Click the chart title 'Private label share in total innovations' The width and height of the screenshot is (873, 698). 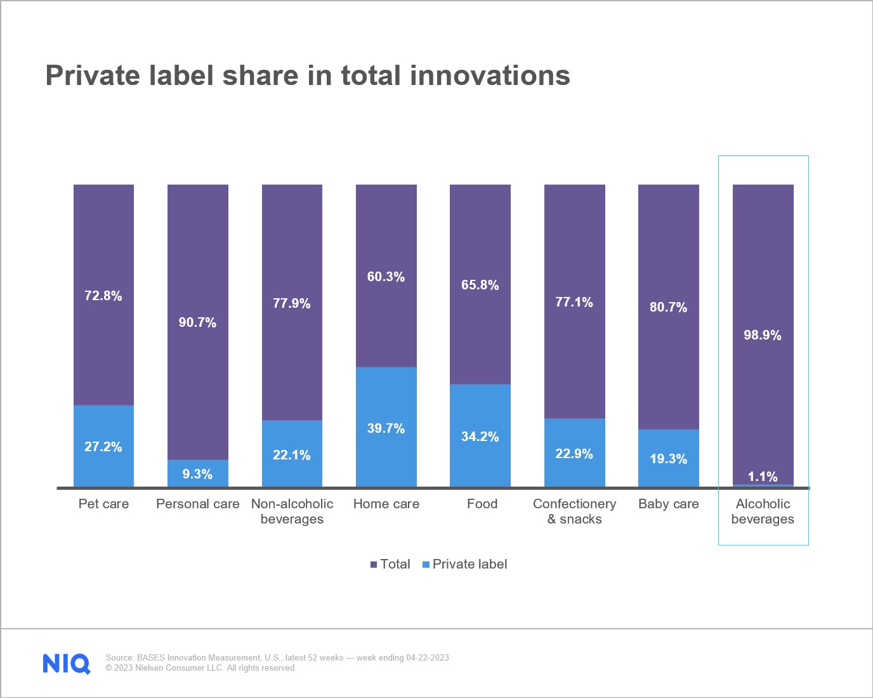click(x=308, y=76)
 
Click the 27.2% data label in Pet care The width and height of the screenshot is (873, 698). click(x=103, y=447)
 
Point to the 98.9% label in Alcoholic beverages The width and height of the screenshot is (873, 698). click(x=763, y=335)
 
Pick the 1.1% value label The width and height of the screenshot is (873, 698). click(x=763, y=477)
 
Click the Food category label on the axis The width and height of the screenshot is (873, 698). click(x=482, y=504)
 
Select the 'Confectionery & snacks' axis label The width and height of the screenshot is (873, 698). click(x=574, y=511)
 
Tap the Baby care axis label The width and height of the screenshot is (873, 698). click(x=669, y=504)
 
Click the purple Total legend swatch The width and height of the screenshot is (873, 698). click(x=374, y=564)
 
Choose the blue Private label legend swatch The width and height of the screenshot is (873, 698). click(x=426, y=564)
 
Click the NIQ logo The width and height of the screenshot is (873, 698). click(x=67, y=663)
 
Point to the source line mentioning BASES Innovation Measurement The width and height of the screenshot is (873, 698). click(x=277, y=657)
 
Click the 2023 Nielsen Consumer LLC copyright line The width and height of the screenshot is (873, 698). click(x=200, y=668)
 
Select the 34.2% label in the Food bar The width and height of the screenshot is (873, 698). click(x=480, y=437)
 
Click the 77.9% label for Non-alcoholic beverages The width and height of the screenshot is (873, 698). click(x=292, y=303)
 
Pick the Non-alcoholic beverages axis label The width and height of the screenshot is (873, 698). click(x=292, y=511)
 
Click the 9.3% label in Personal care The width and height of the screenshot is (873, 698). click(x=197, y=474)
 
